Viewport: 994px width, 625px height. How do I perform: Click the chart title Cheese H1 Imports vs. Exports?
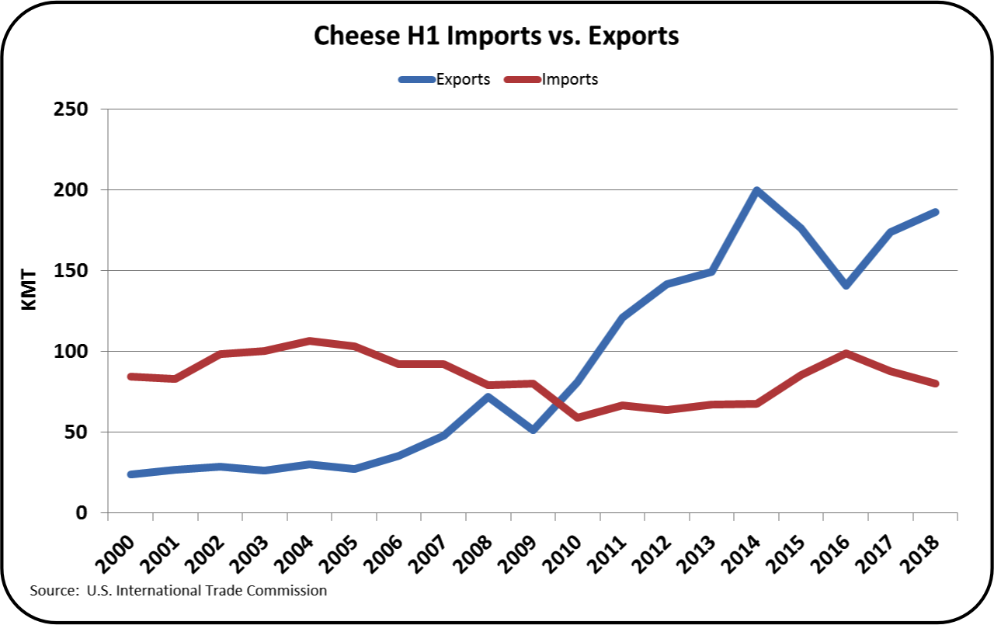(x=496, y=36)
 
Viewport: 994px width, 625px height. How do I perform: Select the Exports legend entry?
(x=462, y=79)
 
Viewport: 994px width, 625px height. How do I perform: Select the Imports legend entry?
(x=569, y=79)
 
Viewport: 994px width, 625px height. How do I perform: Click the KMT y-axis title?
(x=29, y=292)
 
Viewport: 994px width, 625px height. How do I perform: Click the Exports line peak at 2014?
(x=756, y=190)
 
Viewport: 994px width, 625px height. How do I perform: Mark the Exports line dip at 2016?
(x=846, y=286)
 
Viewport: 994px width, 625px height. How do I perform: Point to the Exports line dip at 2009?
(x=532, y=429)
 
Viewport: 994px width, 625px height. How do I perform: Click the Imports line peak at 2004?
(x=309, y=341)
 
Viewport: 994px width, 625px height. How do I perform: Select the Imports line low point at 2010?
(x=577, y=418)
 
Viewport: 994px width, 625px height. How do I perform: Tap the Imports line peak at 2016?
(x=846, y=353)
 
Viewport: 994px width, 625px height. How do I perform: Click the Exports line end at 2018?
(x=936, y=212)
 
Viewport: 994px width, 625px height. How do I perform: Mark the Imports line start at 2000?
(x=130, y=377)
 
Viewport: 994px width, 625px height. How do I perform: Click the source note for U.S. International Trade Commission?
(x=178, y=591)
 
